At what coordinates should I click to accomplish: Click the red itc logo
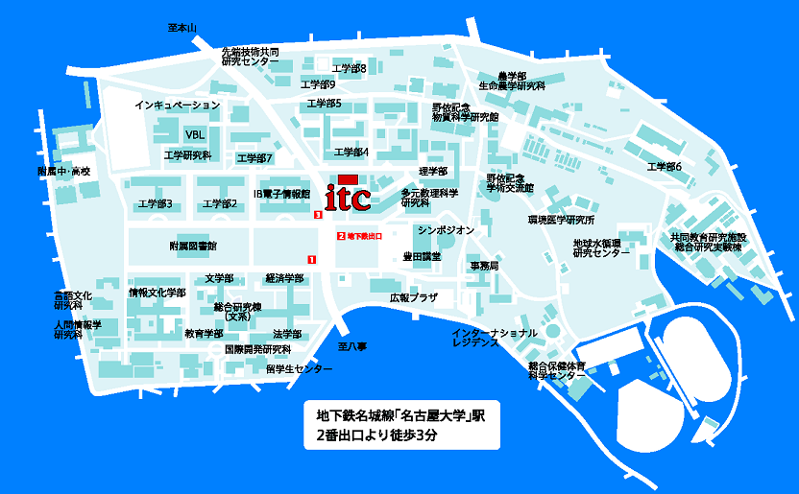[346, 195]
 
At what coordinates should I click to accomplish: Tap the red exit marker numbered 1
[310, 259]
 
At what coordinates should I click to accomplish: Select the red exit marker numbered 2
[340, 235]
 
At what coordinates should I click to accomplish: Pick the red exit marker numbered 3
[318, 215]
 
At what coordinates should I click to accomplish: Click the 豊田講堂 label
[422, 256]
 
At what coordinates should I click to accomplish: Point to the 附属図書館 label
[193, 246]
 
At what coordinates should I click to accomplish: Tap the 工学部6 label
[665, 167]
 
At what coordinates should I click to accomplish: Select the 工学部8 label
[349, 68]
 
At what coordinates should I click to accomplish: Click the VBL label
[195, 134]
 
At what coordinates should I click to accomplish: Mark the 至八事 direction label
[352, 345]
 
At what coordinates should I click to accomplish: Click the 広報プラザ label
[413, 298]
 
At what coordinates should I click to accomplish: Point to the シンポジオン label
[446, 230]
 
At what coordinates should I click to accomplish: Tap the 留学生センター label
[300, 369]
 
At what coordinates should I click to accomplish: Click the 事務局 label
[483, 265]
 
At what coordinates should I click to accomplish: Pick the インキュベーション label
[178, 105]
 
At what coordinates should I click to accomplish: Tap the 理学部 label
[433, 172]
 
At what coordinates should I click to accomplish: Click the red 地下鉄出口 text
[364, 235]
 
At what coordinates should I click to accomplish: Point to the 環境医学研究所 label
[562, 220]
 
